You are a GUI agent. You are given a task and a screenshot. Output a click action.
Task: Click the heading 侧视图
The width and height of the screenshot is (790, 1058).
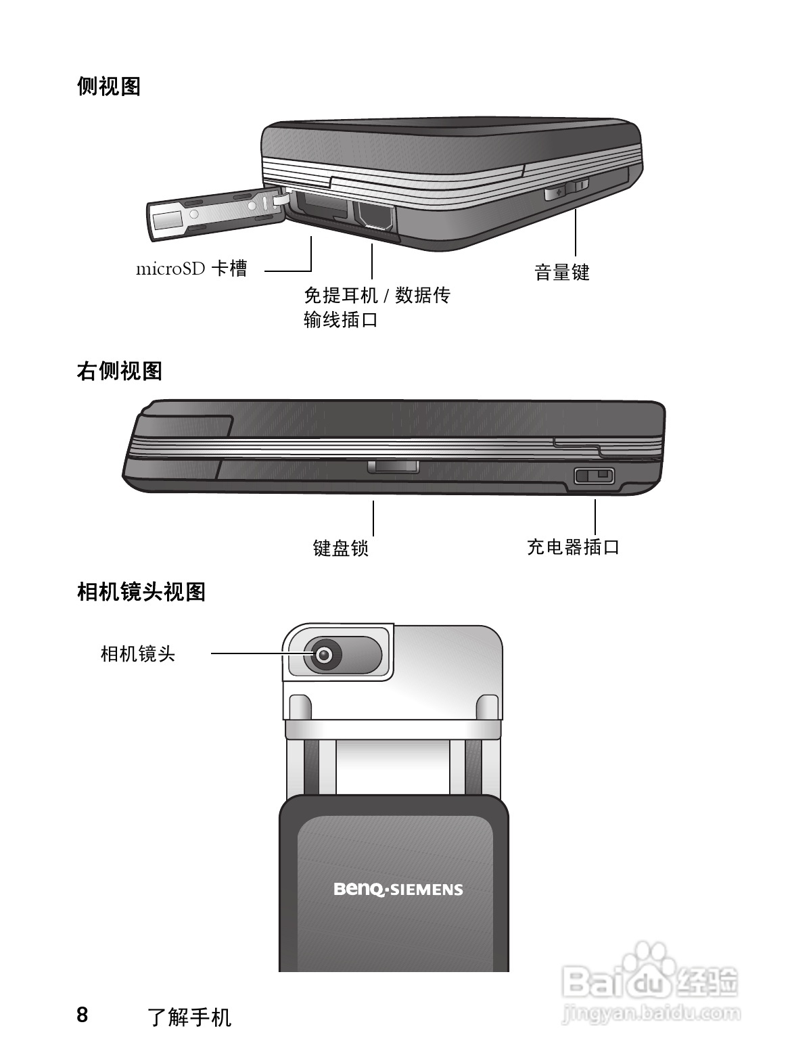click(108, 87)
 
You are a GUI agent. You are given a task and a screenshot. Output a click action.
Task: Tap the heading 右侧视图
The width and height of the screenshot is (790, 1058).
click(119, 371)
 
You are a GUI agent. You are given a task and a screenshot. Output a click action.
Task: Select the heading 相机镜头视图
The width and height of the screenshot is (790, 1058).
click(141, 592)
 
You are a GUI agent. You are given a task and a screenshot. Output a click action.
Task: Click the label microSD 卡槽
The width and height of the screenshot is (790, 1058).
click(192, 269)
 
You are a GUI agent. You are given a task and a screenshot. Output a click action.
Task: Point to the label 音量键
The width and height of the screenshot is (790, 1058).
click(561, 273)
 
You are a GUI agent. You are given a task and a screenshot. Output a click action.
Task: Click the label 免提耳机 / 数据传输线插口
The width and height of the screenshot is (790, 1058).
click(376, 307)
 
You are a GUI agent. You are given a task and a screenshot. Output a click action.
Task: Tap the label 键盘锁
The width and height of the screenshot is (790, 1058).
click(340, 547)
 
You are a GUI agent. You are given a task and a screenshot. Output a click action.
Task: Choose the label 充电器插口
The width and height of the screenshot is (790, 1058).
click(573, 547)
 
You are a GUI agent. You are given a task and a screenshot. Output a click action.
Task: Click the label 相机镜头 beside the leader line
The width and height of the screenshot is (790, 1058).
click(138, 653)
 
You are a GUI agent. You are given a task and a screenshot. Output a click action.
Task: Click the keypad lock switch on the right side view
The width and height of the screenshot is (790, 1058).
click(393, 467)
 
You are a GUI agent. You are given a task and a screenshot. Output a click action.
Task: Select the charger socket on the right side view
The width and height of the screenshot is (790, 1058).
click(593, 476)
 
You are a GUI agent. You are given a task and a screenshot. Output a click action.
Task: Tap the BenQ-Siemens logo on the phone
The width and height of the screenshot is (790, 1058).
click(398, 889)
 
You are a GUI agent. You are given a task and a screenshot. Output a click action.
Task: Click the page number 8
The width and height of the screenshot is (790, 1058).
click(82, 1015)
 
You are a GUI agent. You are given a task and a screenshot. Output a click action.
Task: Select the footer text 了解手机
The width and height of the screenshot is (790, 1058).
click(189, 1017)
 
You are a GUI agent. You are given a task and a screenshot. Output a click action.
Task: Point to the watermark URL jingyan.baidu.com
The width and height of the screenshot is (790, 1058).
click(651, 1013)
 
